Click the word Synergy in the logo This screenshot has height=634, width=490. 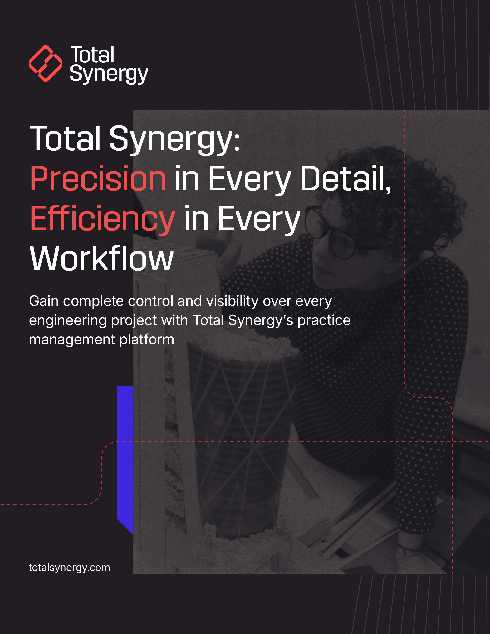pos(109,74)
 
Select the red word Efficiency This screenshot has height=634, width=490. pos(102,219)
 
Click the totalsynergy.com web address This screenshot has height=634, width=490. pos(69,568)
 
